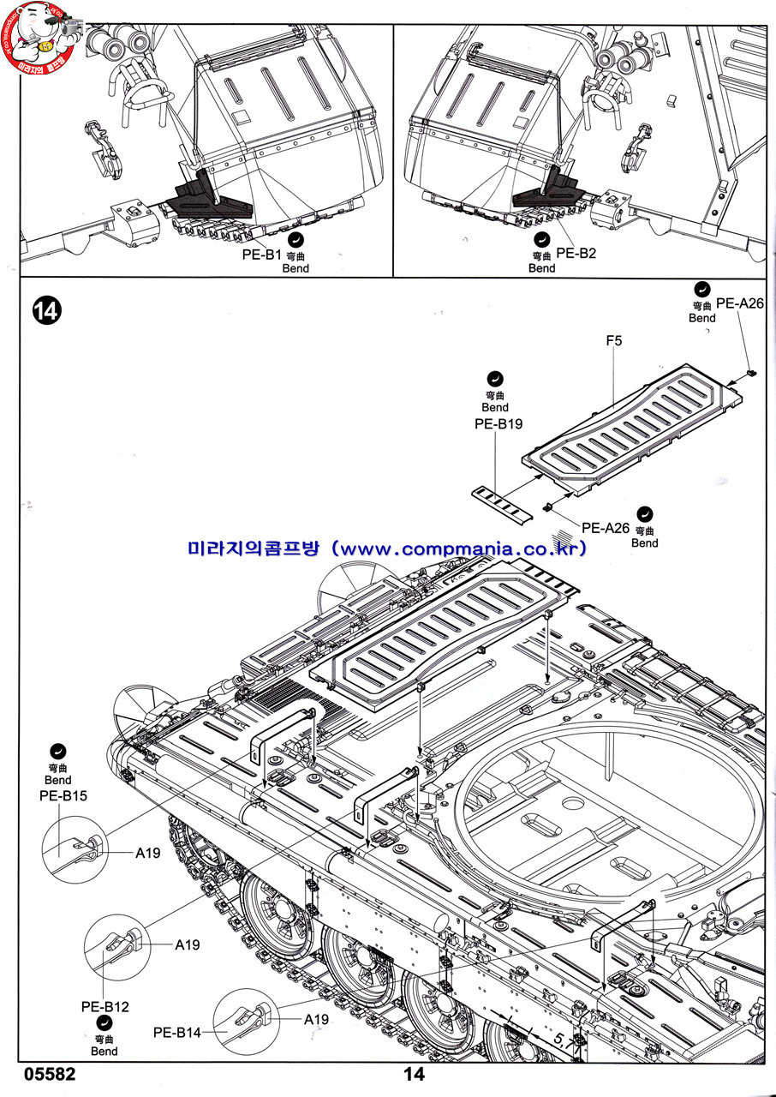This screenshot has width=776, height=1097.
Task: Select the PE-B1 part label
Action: pos(261,255)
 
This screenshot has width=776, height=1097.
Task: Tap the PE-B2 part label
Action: pos(576,253)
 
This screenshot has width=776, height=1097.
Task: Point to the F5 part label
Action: pos(613,341)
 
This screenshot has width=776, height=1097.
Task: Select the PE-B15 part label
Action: pos(63,795)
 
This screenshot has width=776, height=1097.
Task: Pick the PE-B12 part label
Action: pos(105,1006)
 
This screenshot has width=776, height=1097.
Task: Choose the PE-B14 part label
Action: pos(177,1033)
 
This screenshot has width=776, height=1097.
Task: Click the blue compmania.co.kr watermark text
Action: pos(387,548)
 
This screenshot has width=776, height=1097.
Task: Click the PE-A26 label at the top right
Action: pos(739,303)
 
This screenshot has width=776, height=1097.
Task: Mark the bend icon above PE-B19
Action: pos(494,378)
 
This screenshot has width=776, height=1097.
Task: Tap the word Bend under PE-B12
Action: pos(104,1051)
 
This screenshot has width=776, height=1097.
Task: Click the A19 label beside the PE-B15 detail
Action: pos(147,853)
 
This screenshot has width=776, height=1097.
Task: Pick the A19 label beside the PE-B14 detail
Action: pos(316,1019)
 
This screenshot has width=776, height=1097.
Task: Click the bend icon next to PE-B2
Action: pos(541,240)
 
